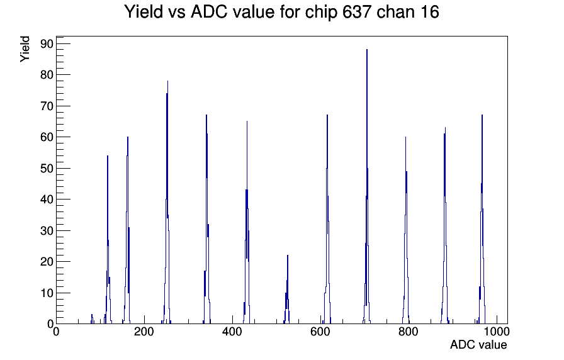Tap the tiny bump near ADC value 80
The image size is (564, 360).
[92, 319]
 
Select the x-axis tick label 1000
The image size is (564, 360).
[497, 332]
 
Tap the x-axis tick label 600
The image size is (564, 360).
[320, 332]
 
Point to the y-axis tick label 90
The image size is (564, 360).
[47, 44]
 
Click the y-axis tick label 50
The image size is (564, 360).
[47, 168]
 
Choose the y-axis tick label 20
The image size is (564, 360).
[47, 262]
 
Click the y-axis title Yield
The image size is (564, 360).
[25, 49]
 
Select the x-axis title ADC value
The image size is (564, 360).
[478, 345]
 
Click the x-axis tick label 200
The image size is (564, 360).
[144, 332]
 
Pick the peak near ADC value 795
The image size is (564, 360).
[405, 230]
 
